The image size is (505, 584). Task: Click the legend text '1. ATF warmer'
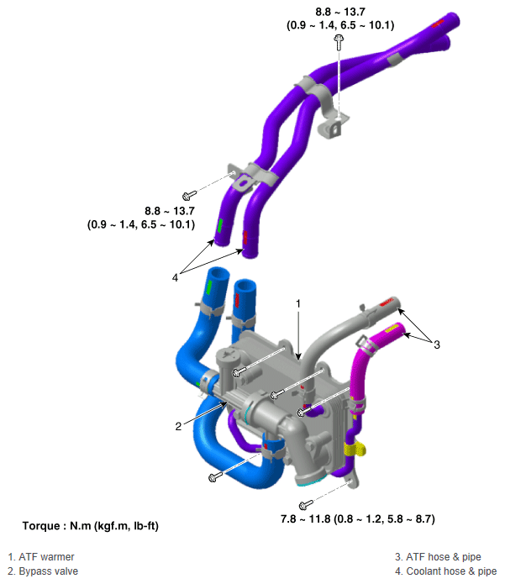(41, 557)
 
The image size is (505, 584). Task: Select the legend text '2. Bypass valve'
(43, 571)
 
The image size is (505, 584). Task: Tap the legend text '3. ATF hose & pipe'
(438, 557)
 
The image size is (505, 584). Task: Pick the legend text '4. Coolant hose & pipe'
(446, 571)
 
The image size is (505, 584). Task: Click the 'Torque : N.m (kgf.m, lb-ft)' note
(91, 526)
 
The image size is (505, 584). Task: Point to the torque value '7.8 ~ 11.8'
(305, 518)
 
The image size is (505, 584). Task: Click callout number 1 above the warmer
(298, 304)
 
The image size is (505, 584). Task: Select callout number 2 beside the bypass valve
(178, 426)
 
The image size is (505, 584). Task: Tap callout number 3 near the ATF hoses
(437, 345)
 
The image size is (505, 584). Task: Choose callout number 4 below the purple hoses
(175, 277)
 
